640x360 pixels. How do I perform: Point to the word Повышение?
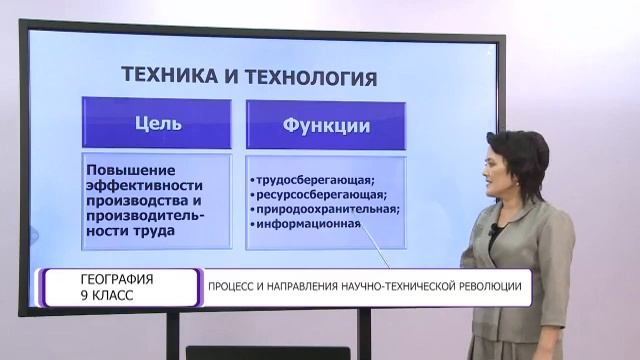click(128, 168)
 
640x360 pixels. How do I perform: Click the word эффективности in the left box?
click(145, 184)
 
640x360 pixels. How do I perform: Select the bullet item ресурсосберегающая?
click(316, 194)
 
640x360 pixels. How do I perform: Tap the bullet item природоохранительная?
click(321, 209)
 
